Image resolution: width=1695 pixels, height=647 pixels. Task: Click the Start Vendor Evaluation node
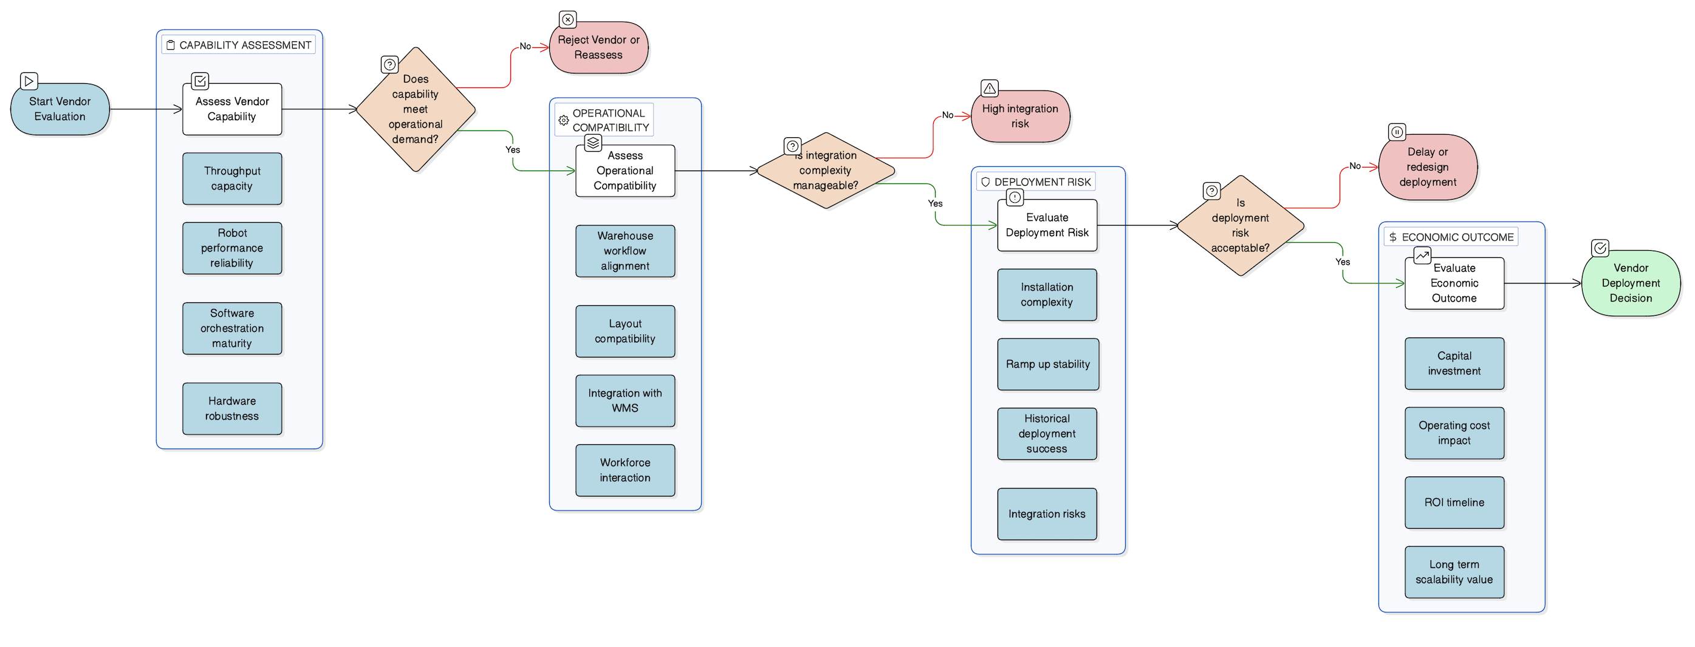pos(60,109)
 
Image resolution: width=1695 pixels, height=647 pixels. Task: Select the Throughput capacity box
pos(231,178)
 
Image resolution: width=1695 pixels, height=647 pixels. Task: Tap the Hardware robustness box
pos(231,408)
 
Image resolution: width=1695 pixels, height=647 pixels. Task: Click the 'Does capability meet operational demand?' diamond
pos(415,109)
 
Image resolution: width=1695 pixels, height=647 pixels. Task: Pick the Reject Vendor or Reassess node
pos(598,47)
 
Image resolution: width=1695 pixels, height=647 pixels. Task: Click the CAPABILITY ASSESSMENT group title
pos(245,45)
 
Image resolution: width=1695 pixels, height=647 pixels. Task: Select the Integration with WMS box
pos(625,401)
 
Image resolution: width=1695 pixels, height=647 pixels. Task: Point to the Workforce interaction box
pos(625,470)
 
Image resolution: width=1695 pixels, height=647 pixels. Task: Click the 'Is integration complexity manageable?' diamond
pos(825,171)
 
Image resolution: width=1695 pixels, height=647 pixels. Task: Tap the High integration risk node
pos(1020,117)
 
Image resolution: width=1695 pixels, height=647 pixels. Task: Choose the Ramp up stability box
pos(1047,364)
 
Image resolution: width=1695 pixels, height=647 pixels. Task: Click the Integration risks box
pos(1047,514)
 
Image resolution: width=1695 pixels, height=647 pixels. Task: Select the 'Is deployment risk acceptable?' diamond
pos(1240,226)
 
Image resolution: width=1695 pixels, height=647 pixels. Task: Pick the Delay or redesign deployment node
pos(1427,167)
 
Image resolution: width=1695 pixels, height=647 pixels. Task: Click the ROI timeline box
pos(1454,503)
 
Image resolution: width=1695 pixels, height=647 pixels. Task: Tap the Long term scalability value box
pos(1454,572)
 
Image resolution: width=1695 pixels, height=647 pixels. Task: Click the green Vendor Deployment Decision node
pos(1631,283)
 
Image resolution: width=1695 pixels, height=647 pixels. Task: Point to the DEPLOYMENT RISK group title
pos(1042,182)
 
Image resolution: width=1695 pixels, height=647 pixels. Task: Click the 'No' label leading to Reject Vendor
pos(525,46)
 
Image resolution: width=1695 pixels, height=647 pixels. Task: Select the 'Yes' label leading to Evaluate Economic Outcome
pos(1342,262)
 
